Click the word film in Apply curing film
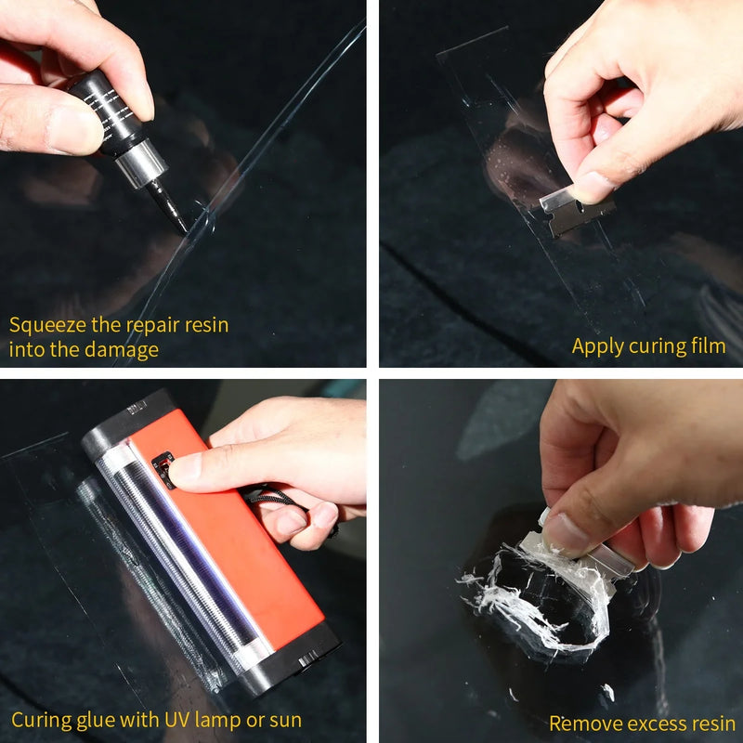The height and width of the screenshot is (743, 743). click(708, 346)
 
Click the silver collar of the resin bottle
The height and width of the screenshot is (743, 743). click(140, 166)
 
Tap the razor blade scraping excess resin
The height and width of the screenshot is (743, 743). click(594, 548)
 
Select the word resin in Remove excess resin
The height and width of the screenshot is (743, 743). click(705, 723)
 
